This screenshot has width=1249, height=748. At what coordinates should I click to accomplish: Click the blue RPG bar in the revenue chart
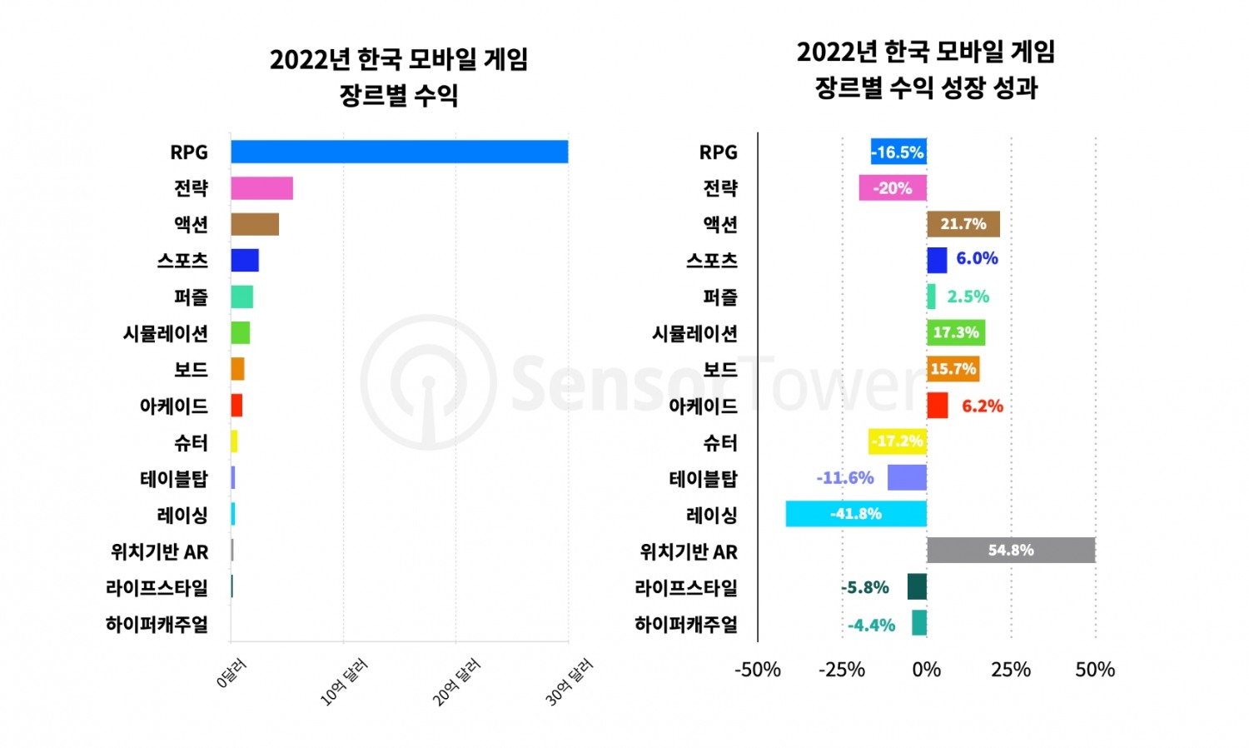[x=400, y=152]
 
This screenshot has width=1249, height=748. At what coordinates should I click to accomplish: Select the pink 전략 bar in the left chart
[x=261, y=188]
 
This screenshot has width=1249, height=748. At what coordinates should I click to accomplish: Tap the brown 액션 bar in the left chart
[x=255, y=224]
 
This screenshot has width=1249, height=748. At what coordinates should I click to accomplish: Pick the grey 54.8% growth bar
[x=1011, y=550]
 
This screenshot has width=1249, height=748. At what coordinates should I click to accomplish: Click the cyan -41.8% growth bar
[x=856, y=514]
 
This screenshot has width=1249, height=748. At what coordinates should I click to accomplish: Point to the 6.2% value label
[x=982, y=406]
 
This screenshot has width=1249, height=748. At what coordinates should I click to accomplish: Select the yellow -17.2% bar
[x=897, y=441]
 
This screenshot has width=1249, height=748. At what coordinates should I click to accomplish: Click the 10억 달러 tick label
[x=343, y=682]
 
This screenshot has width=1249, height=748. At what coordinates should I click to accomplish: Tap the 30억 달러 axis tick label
[x=569, y=682]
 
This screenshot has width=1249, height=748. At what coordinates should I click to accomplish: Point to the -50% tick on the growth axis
[x=757, y=670]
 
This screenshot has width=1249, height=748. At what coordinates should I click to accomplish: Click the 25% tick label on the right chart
[x=1011, y=670]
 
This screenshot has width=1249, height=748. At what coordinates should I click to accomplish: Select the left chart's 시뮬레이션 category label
[x=166, y=333]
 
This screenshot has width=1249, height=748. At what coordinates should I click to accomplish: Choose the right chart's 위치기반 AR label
[x=689, y=551]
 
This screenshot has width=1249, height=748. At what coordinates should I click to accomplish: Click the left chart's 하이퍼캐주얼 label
[x=157, y=624]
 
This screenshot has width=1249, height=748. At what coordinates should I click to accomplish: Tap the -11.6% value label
[x=845, y=478]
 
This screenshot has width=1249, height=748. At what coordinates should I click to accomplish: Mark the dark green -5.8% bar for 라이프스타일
[x=917, y=586]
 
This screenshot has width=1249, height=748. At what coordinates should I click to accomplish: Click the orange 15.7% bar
[x=953, y=369]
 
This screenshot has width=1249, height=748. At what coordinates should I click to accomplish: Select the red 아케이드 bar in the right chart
[x=937, y=406]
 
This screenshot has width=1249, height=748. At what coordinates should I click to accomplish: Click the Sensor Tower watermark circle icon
[x=428, y=382]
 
